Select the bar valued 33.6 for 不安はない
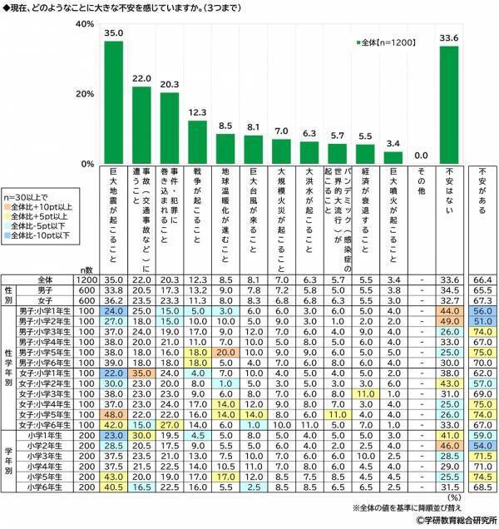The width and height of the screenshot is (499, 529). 450,106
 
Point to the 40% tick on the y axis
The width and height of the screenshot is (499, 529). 82,24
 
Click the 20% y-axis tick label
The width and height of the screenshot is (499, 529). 82,94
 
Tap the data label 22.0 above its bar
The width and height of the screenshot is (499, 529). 142,78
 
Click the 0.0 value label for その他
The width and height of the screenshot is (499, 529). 422,155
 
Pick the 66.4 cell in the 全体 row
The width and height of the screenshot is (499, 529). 482,280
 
